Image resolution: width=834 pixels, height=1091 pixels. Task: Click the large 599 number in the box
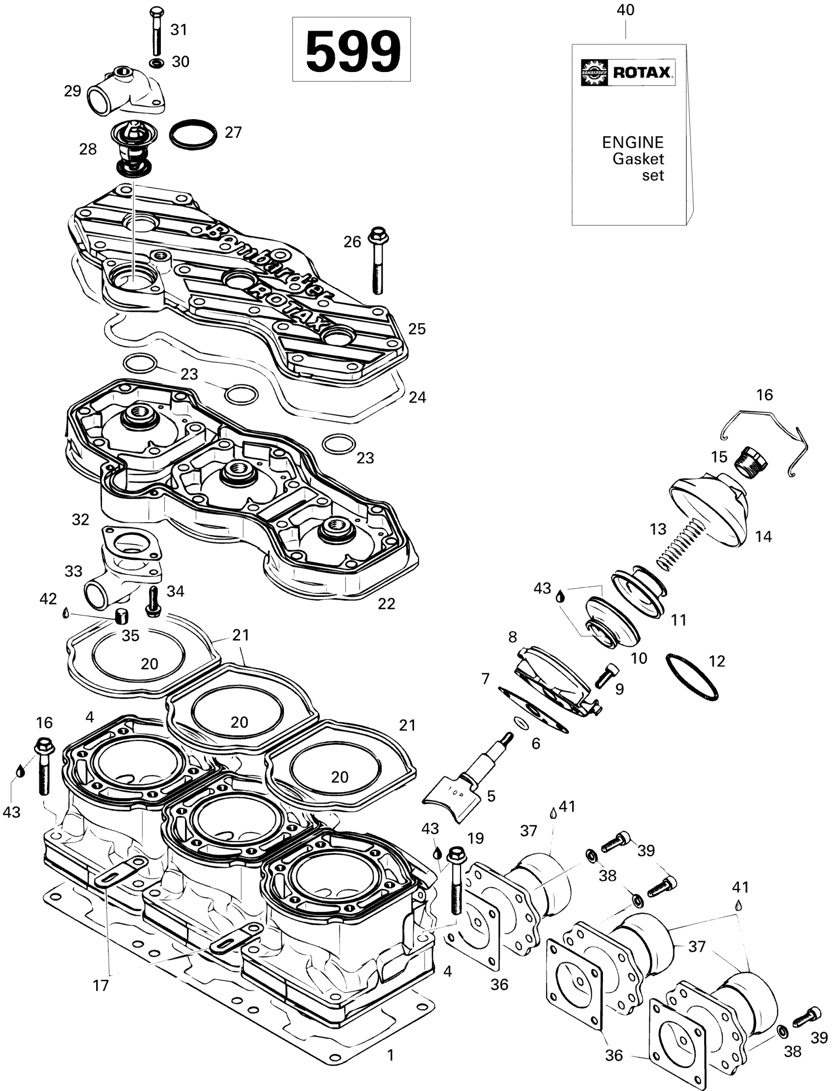click(x=351, y=50)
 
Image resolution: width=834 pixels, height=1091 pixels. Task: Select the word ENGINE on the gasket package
click(x=632, y=142)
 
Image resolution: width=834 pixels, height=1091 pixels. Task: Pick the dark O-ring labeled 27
click(x=193, y=133)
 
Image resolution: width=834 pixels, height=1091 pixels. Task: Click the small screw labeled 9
click(x=607, y=676)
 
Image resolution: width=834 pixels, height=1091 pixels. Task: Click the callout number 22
click(x=386, y=604)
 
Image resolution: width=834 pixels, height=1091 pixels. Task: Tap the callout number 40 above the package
click(x=625, y=10)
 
